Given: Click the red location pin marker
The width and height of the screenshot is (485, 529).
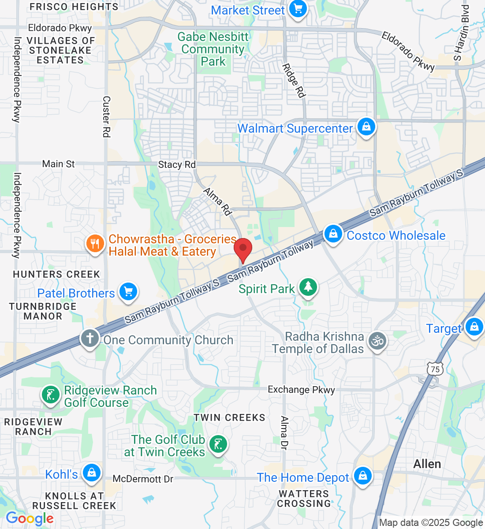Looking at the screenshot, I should pos(242,249).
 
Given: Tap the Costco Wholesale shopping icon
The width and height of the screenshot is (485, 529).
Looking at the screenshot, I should pos(333,234).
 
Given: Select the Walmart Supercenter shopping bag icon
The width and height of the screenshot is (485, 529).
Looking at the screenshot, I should pos(366,127).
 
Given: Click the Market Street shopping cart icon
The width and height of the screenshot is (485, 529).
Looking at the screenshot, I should pos(298,9).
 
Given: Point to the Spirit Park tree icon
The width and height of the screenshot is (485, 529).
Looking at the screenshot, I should pos(308,287).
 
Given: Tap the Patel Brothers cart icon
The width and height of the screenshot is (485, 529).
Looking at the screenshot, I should pos(128,292).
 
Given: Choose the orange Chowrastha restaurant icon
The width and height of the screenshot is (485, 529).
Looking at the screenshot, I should pos(95,244).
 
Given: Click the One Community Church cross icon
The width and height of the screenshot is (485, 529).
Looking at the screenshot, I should pos(90,339).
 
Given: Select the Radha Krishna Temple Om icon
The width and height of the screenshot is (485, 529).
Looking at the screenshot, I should pos(377,341).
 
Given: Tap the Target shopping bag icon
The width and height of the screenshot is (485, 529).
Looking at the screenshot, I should pos(474,327).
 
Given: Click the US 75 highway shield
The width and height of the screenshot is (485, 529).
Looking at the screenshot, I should pos(435,369).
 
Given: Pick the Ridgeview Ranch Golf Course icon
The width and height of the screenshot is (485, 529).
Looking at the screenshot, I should pos(51,395).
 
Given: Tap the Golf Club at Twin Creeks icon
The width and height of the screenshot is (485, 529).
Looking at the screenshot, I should pos(217,444).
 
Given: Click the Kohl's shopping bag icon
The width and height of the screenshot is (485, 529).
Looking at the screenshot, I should pos(92,473).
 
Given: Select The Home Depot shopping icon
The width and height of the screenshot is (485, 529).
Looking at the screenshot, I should pos(362,476).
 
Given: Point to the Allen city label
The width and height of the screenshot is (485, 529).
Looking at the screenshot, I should pos(427,464).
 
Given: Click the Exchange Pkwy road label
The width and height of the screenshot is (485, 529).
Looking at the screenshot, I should pos(302,390).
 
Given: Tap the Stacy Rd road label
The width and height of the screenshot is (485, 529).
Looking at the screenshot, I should pos(177,164).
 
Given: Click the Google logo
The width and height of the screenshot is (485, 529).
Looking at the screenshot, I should pos(30,519).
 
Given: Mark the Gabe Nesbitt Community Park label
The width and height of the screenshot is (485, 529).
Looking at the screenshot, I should pos(213,49).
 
